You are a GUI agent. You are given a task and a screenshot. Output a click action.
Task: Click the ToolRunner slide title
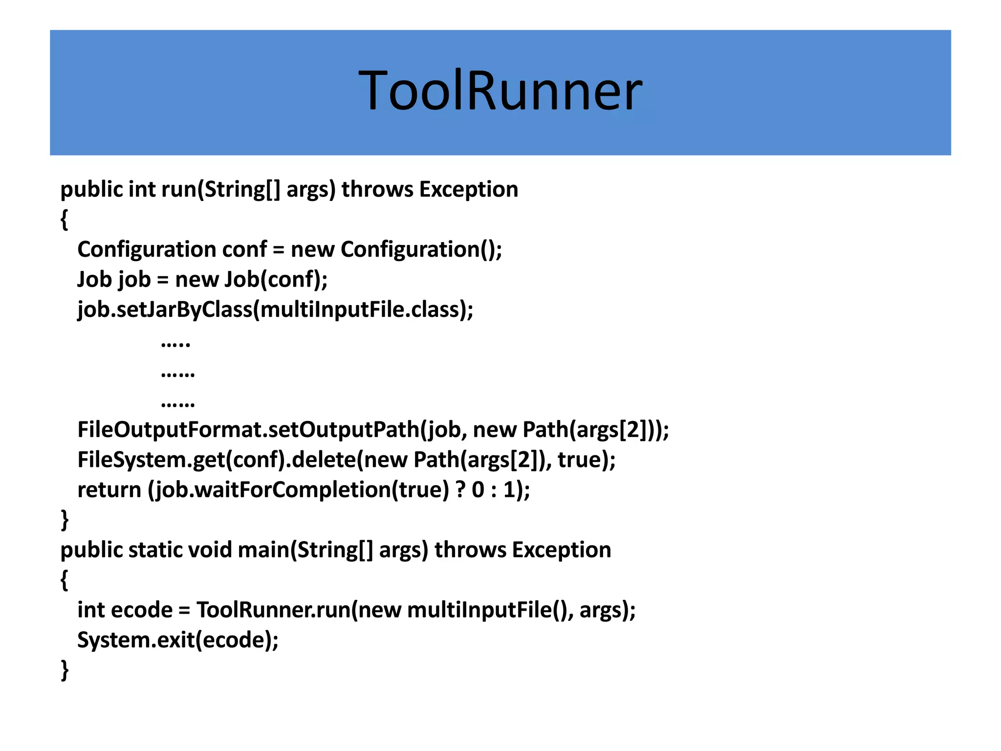(x=500, y=91)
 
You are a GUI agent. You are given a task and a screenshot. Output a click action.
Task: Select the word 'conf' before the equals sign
(x=244, y=250)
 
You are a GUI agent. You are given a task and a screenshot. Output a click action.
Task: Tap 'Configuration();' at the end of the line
(x=421, y=250)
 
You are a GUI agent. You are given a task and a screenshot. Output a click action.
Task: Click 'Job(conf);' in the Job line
(x=276, y=280)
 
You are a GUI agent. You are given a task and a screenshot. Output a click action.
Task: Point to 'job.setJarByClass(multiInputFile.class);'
(x=275, y=310)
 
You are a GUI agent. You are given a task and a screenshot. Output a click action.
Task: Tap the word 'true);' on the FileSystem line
(x=587, y=460)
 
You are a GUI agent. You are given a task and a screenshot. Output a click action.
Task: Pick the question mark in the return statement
(x=460, y=490)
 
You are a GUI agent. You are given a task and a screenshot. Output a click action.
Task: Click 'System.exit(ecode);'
(x=178, y=641)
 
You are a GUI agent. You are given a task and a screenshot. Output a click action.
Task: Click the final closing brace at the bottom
(x=65, y=670)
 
